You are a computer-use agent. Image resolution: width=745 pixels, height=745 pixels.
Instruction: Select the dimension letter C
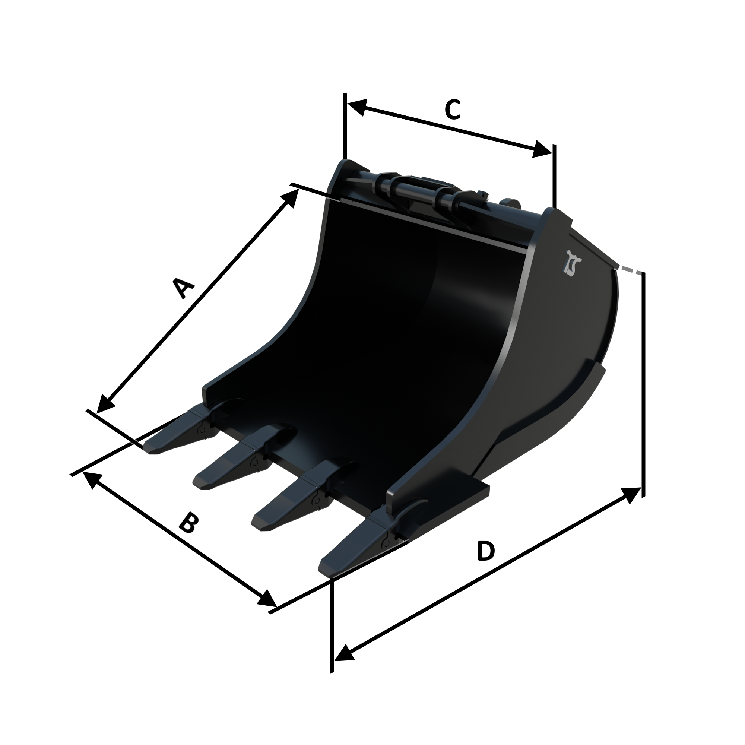(452, 110)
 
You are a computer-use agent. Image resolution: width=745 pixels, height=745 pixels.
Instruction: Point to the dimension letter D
(485, 551)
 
